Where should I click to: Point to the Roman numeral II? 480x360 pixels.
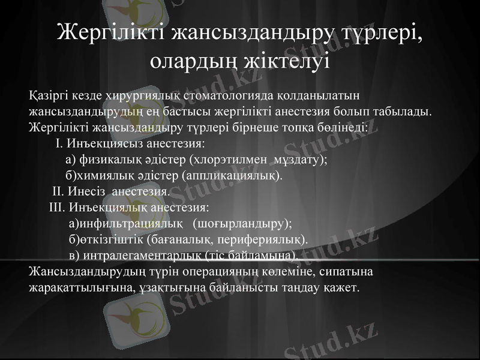pyautogui.click(x=58, y=192)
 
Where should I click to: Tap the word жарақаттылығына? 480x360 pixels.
pyautogui.click(x=77, y=288)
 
